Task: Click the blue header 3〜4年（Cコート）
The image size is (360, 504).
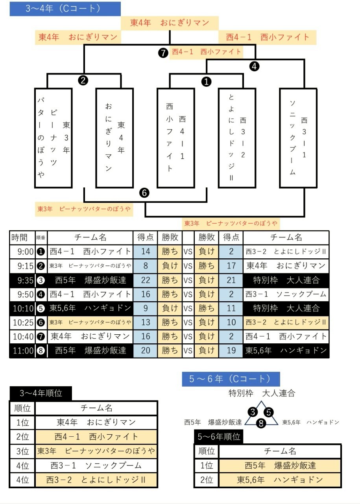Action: pos(65,9)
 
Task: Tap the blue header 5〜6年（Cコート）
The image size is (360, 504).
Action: pos(231,379)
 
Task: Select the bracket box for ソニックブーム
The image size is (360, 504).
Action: pos(298,138)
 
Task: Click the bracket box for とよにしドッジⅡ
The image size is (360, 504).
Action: pos(237,138)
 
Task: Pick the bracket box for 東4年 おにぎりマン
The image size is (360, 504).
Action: pos(114,138)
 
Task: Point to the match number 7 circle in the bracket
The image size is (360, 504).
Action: pos(164,52)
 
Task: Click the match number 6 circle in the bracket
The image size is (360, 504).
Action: pos(145,193)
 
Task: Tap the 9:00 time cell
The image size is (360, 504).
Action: pos(22,251)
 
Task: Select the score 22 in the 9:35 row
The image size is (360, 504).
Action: pos(146,280)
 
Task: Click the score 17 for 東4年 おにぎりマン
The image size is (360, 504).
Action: pos(231,266)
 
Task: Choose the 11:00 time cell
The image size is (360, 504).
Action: pos(22,350)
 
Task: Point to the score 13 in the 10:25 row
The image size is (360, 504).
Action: pos(146,322)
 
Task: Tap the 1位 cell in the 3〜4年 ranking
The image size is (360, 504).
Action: pos(22,422)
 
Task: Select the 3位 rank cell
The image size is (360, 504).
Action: pos(22,451)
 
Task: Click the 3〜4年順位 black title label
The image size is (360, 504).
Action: pos(41,393)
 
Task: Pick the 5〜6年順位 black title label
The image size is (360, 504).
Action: pos(218,437)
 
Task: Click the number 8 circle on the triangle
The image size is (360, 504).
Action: pos(261,423)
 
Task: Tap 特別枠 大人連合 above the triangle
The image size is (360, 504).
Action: pos(262,393)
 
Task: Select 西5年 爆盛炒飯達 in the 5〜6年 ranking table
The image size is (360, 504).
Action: pos(280,465)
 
